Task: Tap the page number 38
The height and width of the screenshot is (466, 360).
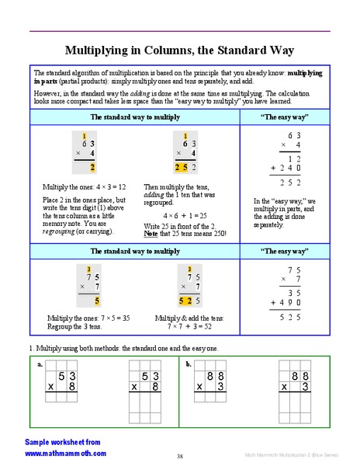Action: tap(179, 456)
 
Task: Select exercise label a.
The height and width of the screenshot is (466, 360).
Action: tap(40, 363)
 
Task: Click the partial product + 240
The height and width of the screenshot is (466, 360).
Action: tap(286, 167)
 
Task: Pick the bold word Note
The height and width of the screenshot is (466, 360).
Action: tap(151, 234)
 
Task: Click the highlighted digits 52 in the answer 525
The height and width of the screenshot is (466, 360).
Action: tap(183, 301)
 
